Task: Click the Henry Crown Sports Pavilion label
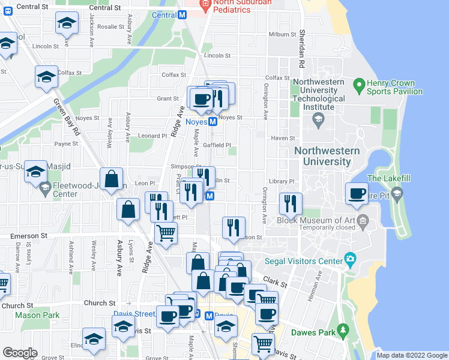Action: (x=396, y=87)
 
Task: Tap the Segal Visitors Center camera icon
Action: (x=350, y=259)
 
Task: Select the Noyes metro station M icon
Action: (x=212, y=122)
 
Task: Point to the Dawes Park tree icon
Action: (x=343, y=331)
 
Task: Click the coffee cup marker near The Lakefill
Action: (x=357, y=194)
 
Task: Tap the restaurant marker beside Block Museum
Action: (x=291, y=204)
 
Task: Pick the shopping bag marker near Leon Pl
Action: (x=112, y=179)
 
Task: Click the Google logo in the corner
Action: (x=20, y=353)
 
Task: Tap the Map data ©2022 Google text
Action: (x=412, y=355)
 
